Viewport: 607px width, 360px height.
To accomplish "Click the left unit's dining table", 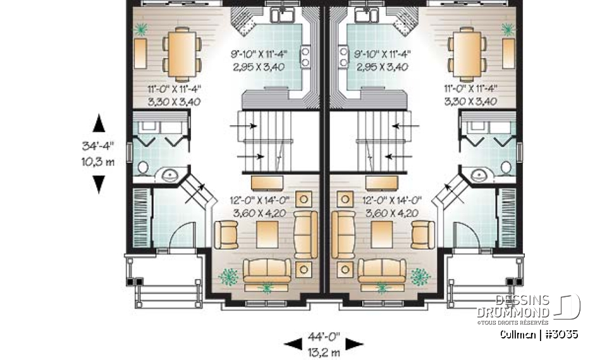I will click(181, 54).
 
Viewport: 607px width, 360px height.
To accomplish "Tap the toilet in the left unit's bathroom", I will click(142, 168).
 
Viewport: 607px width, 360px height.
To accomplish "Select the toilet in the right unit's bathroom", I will click(507, 167).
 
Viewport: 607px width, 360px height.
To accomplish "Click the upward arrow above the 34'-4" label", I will click(99, 122).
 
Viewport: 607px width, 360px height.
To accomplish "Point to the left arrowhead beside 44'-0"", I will click(293, 344).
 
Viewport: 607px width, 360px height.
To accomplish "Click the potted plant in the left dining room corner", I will click(142, 29).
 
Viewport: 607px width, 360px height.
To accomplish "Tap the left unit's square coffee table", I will click(265, 235).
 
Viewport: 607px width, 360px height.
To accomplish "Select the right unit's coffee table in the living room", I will click(380, 235).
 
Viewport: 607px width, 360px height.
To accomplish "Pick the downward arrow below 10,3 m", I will click(99, 184).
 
